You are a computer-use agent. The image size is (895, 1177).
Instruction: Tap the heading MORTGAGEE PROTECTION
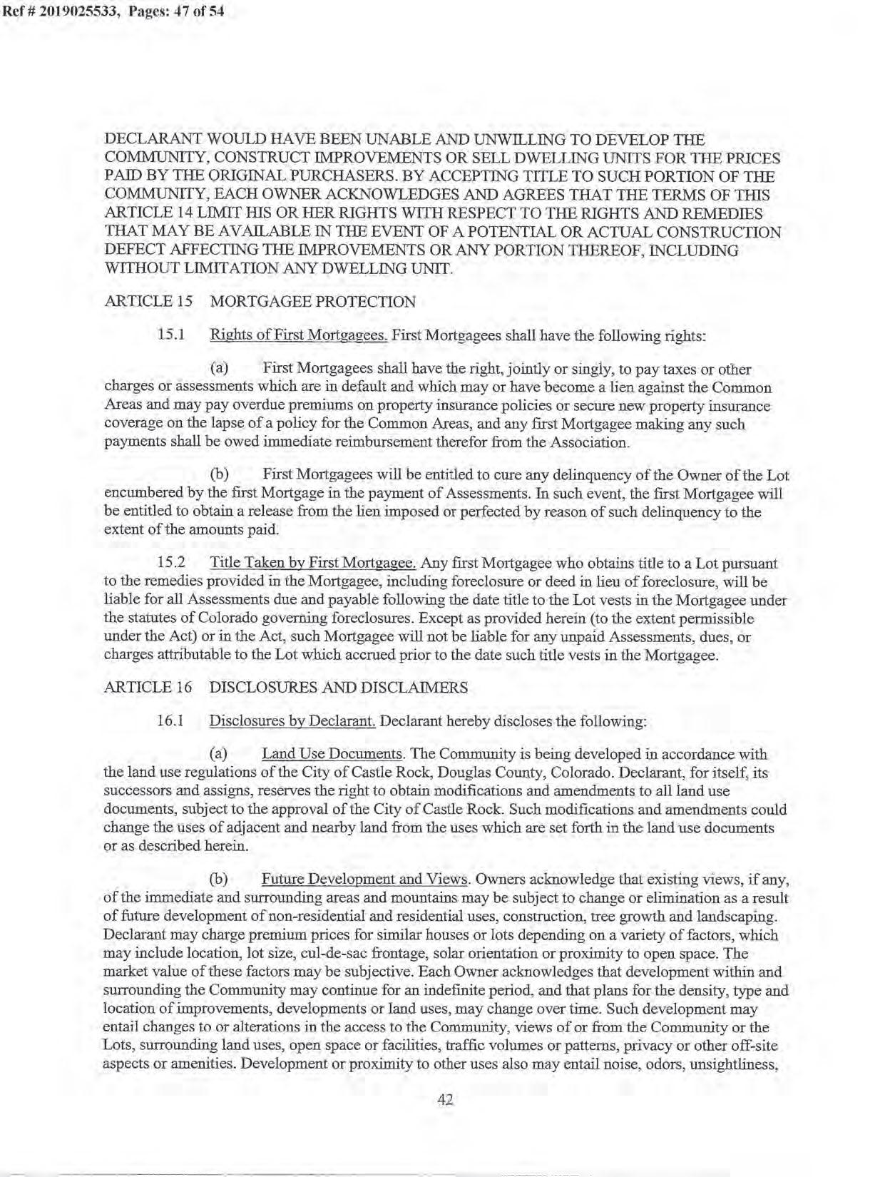312,302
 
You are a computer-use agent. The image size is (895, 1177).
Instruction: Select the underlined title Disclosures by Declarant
292,721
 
